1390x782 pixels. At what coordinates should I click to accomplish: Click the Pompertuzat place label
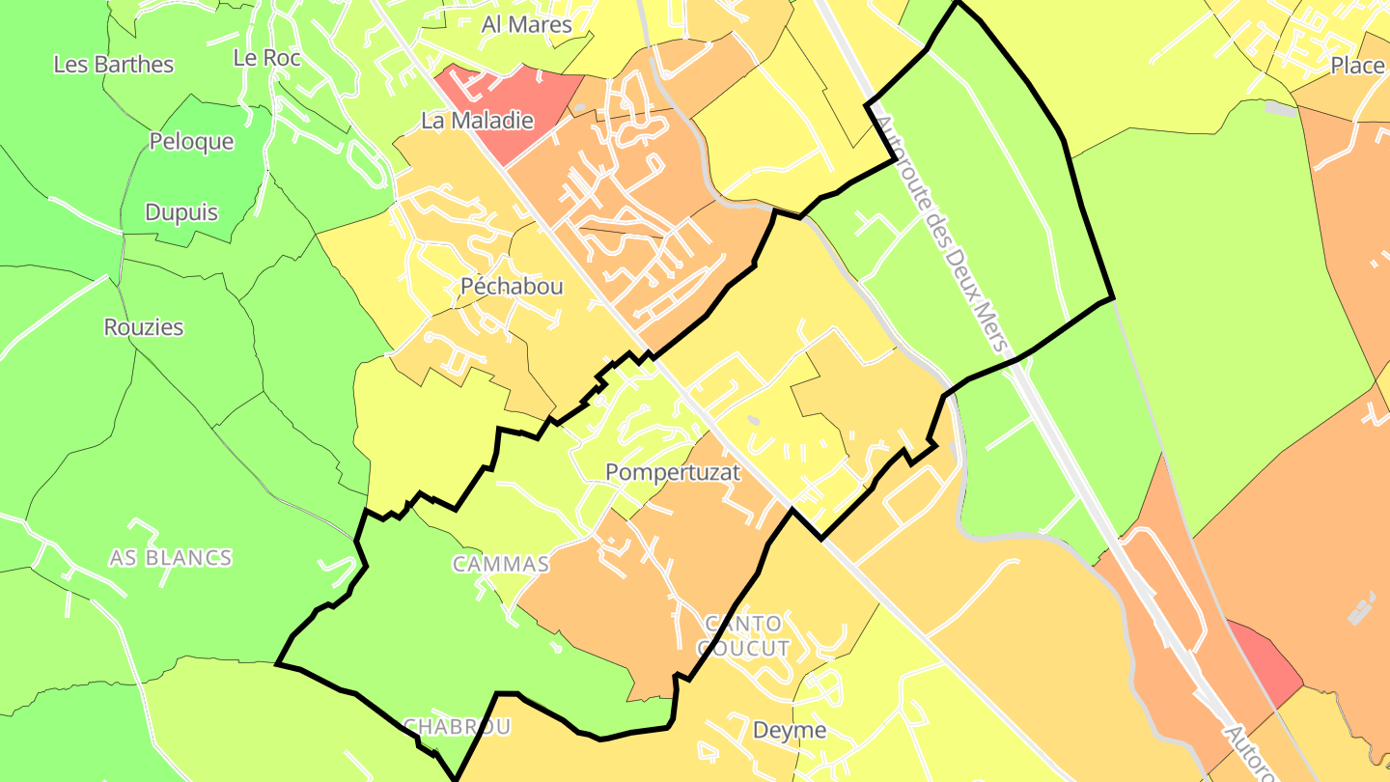click(672, 472)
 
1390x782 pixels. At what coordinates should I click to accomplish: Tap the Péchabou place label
click(512, 287)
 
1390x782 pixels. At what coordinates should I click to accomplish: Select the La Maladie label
click(477, 122)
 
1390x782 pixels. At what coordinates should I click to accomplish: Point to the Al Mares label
click(526, 25)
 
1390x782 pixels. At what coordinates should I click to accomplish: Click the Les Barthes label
click(114, 65)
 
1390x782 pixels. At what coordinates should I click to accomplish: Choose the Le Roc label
click(267, 58)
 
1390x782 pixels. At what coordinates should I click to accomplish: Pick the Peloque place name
click(191, 142)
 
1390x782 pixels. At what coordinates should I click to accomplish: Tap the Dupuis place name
click(181, 212)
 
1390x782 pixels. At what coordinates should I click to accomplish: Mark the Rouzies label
click(144, 327)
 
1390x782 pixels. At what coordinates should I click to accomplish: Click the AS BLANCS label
click(170, 558)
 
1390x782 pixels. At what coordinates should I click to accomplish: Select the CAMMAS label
click(501, 565)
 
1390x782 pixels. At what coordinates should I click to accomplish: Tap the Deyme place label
click(790, 730)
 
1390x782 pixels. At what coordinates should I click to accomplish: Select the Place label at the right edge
click(1357, 66)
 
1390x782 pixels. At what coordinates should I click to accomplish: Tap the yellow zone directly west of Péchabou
click(357, 280)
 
